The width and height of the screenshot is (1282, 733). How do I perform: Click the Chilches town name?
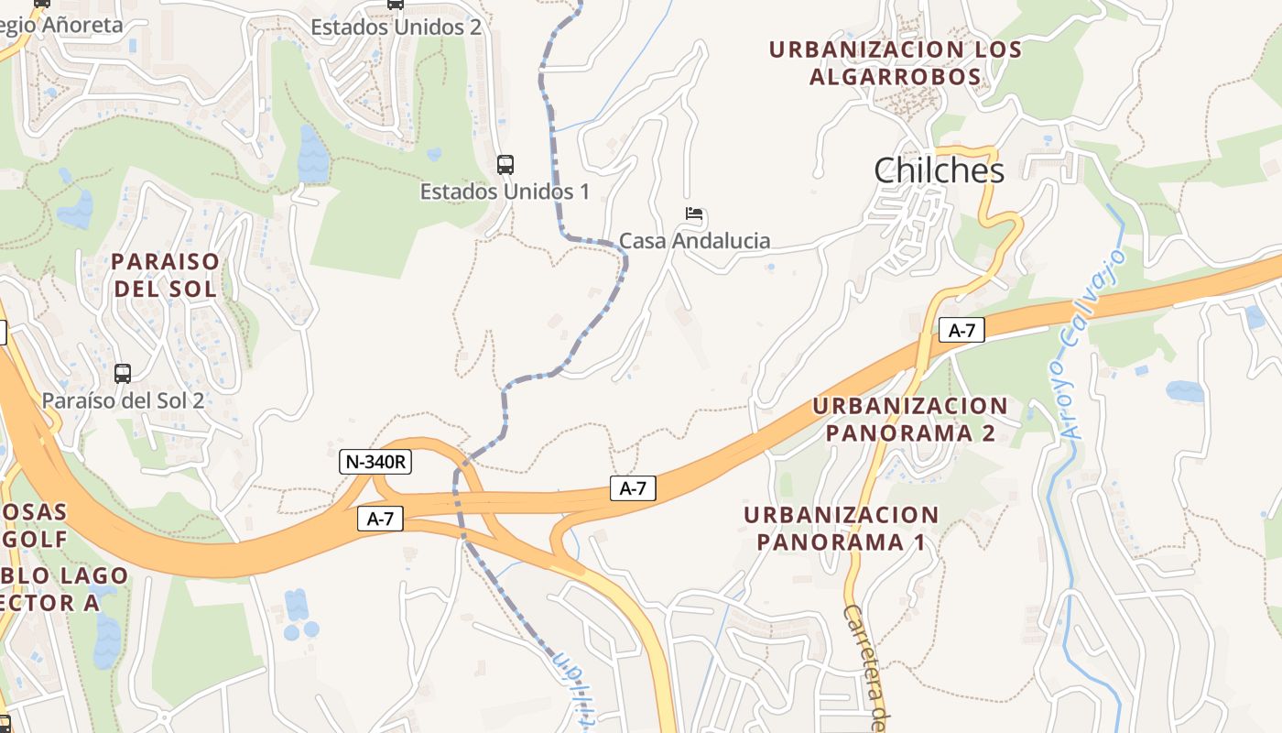939,170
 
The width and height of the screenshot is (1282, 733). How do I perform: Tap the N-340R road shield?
375,462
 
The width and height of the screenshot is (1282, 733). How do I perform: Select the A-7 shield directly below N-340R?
380,519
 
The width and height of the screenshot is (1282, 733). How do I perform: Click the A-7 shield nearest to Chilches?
961,331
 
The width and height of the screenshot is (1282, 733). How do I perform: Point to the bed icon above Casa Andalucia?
694,215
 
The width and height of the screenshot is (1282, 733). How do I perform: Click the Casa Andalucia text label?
694,241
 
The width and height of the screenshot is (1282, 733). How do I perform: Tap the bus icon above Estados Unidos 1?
505,165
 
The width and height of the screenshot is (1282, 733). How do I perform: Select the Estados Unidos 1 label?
505,191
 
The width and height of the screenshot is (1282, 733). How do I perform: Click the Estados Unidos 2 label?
396,27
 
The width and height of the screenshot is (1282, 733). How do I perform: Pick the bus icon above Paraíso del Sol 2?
123,374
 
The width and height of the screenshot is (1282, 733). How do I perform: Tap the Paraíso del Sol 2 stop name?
123,400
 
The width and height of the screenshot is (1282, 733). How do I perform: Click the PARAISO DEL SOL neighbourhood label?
166,275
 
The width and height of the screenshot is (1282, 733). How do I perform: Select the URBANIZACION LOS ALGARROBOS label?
895,62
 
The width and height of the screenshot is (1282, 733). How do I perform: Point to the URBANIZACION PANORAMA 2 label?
909,419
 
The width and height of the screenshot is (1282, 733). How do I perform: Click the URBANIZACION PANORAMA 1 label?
841,528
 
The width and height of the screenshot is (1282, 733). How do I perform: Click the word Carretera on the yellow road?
864,651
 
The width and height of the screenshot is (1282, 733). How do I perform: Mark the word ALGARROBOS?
895,77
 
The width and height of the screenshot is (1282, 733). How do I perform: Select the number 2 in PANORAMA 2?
988,432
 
